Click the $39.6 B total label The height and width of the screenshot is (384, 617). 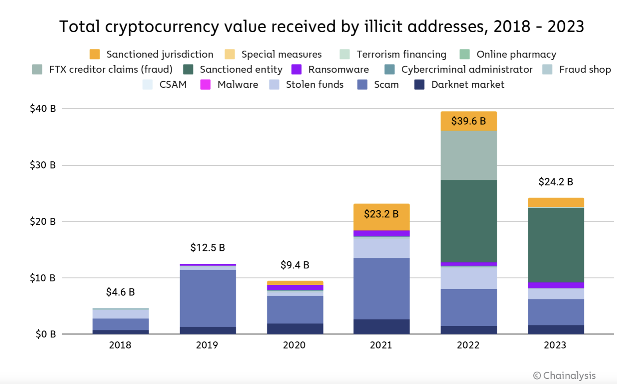pyautogui.click(x=468, y=121)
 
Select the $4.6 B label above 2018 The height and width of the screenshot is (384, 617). pyautogui.click(x=120, y=292)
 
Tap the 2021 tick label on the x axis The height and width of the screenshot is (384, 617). pyautogui.click(x=381, y=345)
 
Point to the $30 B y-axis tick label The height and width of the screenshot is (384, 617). pyautogui.click(x=43, y=165)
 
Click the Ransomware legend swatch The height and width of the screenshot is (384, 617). pyautogui.click(x=297, y=70)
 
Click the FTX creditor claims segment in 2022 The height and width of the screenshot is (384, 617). pyautogui.click(x=469, y=155)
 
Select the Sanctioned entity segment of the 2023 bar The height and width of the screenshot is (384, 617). pyautogui.click(x=556, y=245)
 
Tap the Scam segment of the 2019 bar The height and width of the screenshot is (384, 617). pyautogui.click(x=208, y=298)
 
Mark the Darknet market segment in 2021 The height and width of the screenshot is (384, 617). pyautogui.click(x=381, y=326)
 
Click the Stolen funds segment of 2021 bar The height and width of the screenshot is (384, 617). pyautogui.click(x=381, y=248)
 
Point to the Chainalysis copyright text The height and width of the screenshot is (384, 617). pyautogui.click(x=564, y=376)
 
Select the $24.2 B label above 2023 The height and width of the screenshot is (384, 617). pyautogui.click(x=556, y=182)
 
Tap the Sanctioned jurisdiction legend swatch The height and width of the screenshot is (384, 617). pyautogui.click(x=95, y=55)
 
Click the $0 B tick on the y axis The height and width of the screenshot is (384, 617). pyautogui.click(x=45, y=334)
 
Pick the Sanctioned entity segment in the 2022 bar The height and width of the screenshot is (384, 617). pyautogui.click(x=469, y=221)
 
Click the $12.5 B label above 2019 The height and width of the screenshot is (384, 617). pyautogui.click(x=208, y=248)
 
